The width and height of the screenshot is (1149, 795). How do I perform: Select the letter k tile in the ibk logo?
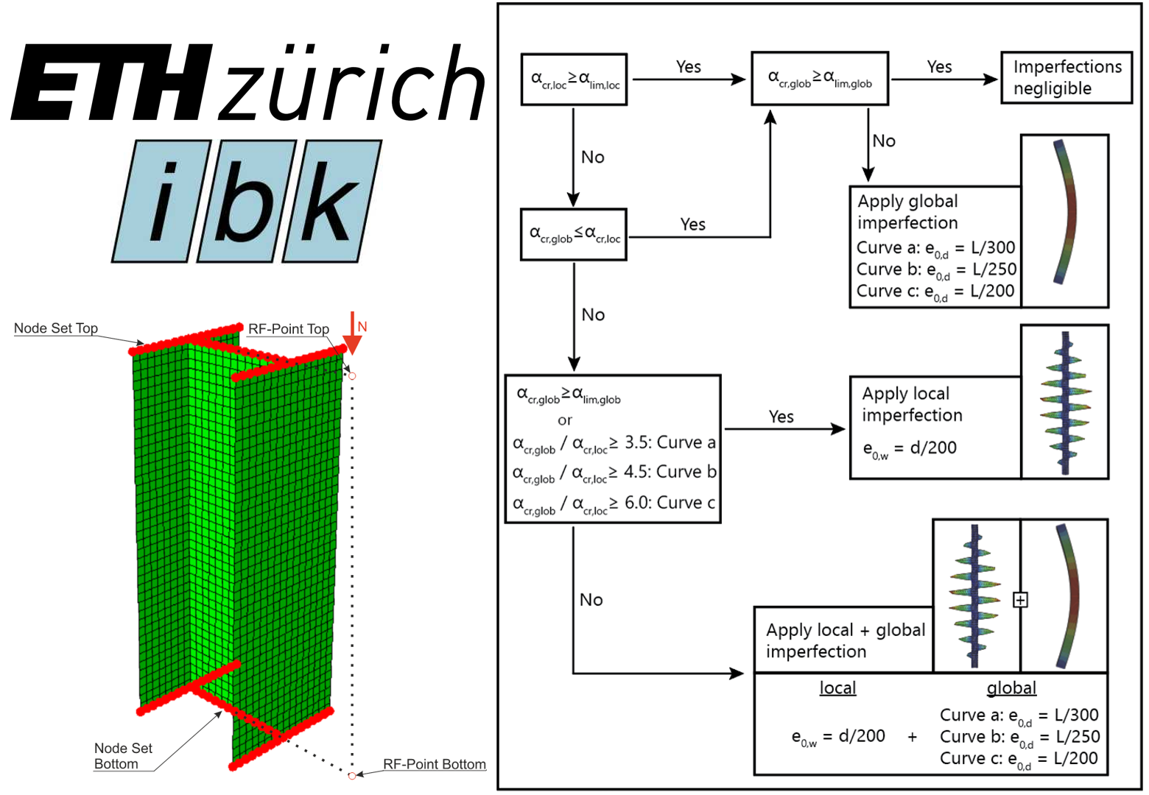click(331, 201)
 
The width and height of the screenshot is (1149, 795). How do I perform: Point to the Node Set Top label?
click(56, 328)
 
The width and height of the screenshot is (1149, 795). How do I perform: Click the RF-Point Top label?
click(288, 329)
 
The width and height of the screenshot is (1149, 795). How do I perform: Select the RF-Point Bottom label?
click(435, 764)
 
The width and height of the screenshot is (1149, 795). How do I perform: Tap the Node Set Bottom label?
click(123, 756)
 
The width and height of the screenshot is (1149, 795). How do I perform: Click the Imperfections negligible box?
click(1066, 77)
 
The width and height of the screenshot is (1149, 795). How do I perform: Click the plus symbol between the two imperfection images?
click(1020, 600)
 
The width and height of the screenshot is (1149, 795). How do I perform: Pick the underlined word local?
click(837, 688)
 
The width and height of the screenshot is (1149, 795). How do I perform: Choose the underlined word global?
click(1011, 688)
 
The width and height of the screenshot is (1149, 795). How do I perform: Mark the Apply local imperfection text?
click(912, 404)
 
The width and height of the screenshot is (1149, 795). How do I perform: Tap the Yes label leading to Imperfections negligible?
click(939, 67)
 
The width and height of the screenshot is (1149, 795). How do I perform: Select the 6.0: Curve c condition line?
click(614, 504)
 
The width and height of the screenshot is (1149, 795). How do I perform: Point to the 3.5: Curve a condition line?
click(614, 443)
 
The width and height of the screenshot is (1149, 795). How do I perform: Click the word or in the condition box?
click(565, 420)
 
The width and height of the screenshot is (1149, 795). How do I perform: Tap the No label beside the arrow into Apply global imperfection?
click(884, 141)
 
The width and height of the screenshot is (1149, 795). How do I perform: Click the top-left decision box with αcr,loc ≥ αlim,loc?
click(574, 79)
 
